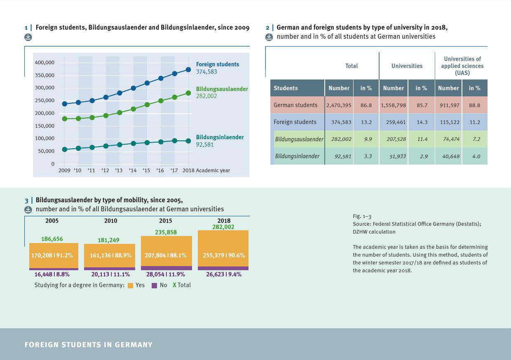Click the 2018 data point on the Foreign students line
pos(188,70)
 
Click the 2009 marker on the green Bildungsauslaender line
pos(65,119)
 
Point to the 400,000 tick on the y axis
pos(45,63)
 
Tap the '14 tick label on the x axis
pos(133,171)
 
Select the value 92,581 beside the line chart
pos(205,145)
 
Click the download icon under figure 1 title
pos(28,37)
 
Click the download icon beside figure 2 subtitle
pos(269,37)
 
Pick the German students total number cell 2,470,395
pos(339,105)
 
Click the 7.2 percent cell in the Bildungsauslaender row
pos(476,139)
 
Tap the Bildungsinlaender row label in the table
pos(297,156)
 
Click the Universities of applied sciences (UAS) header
pos(462,66)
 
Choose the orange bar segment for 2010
pos(110,255)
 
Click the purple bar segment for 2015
pos(166,268)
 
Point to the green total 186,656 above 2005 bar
pos(52,239)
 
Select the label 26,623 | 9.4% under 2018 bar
pos(224,274)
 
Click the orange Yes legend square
pos(131,285)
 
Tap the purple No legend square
pos(155,285)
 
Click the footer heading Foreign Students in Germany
pos(89,345)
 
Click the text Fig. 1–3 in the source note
pos(362,216)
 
